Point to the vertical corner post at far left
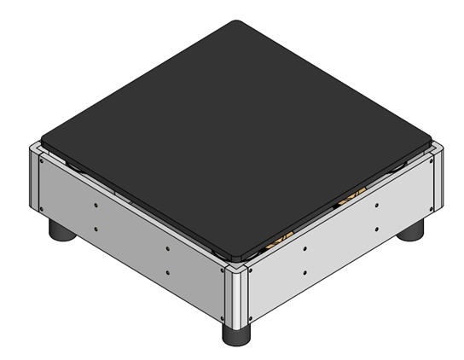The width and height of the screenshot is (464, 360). point(32,179)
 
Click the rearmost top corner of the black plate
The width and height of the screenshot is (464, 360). point(240,23)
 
